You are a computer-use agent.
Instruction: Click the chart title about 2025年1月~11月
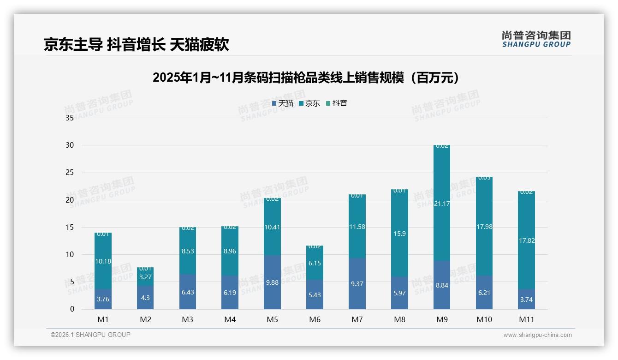[x=306, y=78]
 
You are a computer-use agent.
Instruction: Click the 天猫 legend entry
[x=283, y=103]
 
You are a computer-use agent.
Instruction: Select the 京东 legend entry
[x=309, y=103]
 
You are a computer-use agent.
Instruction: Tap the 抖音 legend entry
[x=337, y=103]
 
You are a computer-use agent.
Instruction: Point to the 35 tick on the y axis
[x=70, y=118]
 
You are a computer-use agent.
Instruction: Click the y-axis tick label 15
[x=70, y=227]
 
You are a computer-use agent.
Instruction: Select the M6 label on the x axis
[x=315, y=319]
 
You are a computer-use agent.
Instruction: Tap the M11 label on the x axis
[x=526, y=319]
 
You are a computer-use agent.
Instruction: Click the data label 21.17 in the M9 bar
[x=442, y=204]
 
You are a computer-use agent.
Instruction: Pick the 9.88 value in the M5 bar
[x=272, y=282]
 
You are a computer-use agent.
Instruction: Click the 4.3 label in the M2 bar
[x=145, y=298]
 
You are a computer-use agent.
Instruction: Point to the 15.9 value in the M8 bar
[x=399, y=234]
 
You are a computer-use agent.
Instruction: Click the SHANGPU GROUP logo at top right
[x=536, y=39]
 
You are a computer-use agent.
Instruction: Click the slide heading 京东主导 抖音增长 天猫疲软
[x=136, y=45]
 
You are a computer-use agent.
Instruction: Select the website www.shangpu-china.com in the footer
[x=537, y=335]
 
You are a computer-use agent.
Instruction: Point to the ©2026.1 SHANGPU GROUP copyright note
[x=90, y=335]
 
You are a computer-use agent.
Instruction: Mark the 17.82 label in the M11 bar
[x=526, y=240]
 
